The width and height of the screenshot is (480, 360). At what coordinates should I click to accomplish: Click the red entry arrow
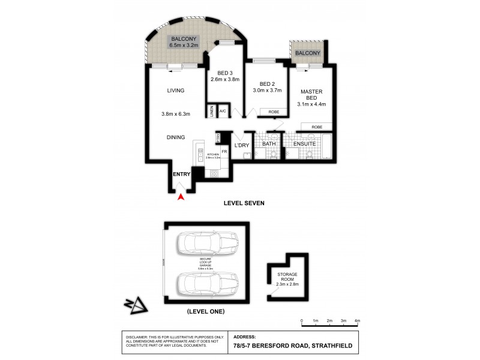181,197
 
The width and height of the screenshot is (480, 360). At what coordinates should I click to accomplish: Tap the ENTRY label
181,174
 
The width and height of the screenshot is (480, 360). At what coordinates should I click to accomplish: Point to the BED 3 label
225,76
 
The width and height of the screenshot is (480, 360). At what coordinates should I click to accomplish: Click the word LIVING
175,91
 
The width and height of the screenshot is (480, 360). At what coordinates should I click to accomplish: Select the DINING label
175,137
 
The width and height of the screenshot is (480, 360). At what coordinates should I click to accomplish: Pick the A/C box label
222,111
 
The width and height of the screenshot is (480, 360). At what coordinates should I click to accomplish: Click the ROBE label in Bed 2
273,111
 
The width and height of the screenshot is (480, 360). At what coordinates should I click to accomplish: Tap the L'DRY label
242,145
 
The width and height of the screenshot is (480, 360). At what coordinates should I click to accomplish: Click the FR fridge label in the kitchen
224,152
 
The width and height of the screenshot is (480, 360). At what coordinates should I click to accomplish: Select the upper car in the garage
205,244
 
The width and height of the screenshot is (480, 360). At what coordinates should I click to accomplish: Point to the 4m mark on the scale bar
357,321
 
